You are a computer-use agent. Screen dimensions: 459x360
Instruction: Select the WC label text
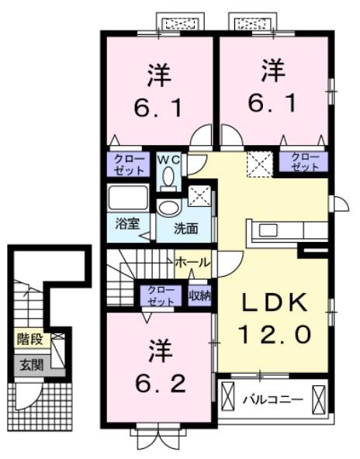pyautogui.click(x=168, y=159)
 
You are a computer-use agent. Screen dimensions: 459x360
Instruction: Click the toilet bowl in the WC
pyautogui.click(x=168, y=178)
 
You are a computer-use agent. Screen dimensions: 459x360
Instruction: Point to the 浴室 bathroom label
pyautogui.click(x=128, y=224)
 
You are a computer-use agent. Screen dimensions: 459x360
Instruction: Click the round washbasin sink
pyautogui.click(x=167, y=208)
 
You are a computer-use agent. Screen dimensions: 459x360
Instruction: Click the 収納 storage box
pyautogui.click(x=199, y=295)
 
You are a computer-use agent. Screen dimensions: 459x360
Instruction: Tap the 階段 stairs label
pyautogui.click(x=30, y=338)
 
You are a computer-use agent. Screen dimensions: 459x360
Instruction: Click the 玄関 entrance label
pyautogui.click(x=30, y=363)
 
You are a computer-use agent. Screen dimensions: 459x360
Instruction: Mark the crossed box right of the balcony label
pyautogui.click(x=318, y=400)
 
